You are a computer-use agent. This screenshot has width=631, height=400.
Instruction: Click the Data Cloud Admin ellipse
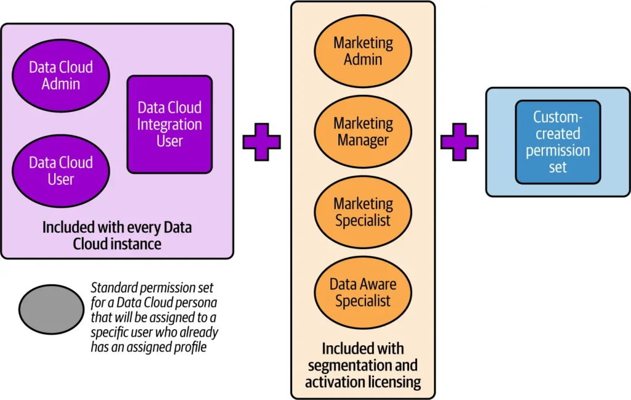(x=60, y=75)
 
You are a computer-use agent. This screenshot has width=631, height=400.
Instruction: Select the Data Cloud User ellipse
(x=60, y=171)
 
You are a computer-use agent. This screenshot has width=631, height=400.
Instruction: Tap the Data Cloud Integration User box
(x=169, y=124)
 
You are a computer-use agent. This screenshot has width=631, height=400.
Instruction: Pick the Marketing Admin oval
(x=363, y=51)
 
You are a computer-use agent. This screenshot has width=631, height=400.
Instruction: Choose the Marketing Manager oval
(x=363, y=131)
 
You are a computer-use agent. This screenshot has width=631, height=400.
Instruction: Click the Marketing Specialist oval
(x=363, y=211)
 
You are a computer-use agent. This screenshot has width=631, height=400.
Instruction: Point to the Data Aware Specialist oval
(x=363, y=292)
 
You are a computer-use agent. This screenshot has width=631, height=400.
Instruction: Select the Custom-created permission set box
(x=558, y=142)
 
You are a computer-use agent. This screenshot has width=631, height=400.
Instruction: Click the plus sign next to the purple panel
(x=261, y=142)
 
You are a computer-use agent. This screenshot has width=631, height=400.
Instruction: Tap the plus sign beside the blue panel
(x=459, y=142)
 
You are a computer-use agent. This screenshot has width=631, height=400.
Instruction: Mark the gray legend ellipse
(x=51, y=309)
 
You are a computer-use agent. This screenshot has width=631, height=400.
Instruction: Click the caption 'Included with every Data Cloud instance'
(x=117, y=235)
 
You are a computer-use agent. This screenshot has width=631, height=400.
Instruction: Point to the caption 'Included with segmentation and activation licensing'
(x=363, y=365)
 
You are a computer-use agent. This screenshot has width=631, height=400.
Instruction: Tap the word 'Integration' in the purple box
(x=169, y=124)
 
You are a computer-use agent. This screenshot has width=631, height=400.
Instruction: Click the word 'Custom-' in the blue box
(x=558, y=117)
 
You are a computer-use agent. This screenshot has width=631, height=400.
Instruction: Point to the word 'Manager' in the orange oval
(x=363, y=140)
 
